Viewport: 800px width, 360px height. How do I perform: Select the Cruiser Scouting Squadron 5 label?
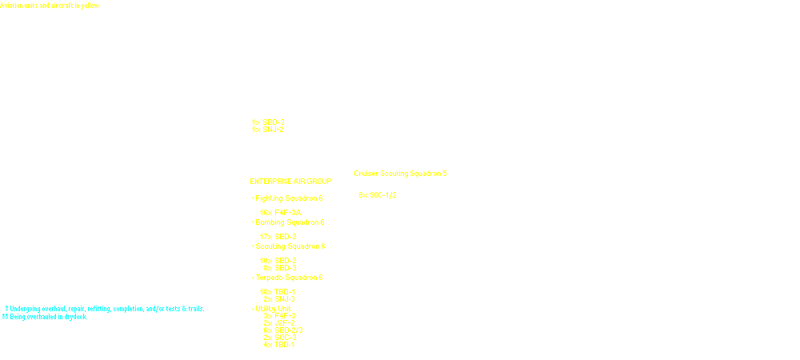click(400, 173)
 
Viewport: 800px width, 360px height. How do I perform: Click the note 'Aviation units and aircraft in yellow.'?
click(50, 6)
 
